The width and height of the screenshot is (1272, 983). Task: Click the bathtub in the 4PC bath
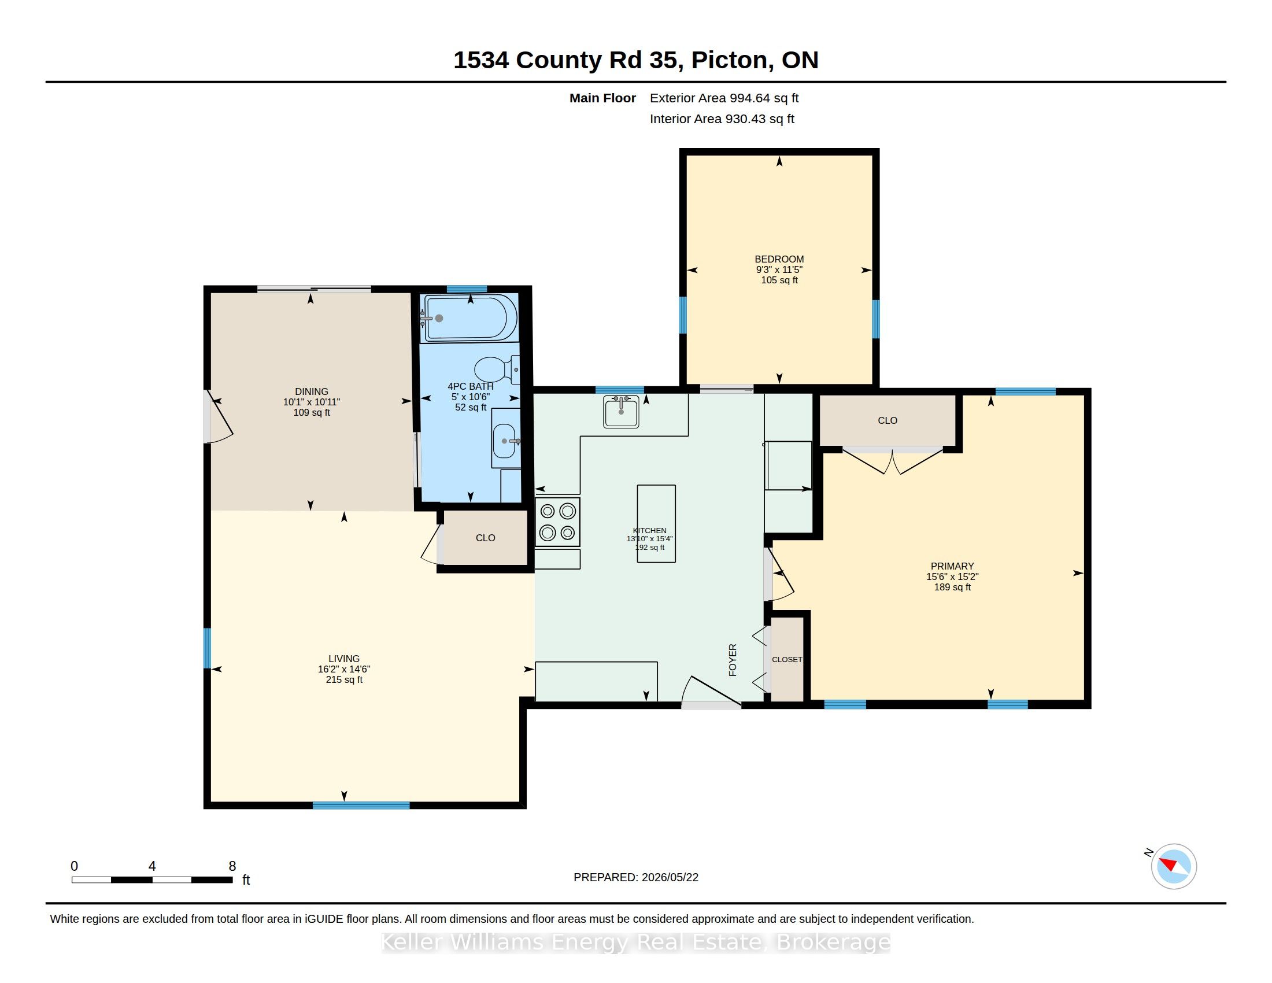[x=471, y=318]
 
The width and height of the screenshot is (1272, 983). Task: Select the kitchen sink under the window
[x=621, y=411]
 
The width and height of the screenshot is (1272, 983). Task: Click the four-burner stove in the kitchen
[x=557, y=521]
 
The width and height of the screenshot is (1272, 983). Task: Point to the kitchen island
[x=656, y=523]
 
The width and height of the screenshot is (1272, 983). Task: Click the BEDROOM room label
[x=779, y=259]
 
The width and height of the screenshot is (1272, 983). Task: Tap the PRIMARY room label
[x=952, y=566]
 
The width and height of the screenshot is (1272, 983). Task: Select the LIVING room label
[x=343, y=659]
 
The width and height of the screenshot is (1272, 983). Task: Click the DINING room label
[x=312, y=391]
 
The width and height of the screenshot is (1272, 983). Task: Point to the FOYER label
[x=733, y=660]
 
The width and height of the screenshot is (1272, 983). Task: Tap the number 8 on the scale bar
[x=232, y=866]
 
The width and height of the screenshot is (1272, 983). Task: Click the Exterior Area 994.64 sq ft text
[x=724, y=98]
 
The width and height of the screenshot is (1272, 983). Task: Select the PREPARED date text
[x=636, y=877]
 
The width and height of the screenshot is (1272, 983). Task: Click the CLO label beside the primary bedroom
[x=888, y=420]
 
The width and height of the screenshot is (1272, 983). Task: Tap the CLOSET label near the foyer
[x=787, y=659]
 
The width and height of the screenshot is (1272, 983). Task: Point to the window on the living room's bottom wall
[x=361, y=805]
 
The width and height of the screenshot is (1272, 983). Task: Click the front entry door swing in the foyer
[x=711, y=690]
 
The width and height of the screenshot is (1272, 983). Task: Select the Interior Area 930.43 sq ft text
[x=722, y=119]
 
